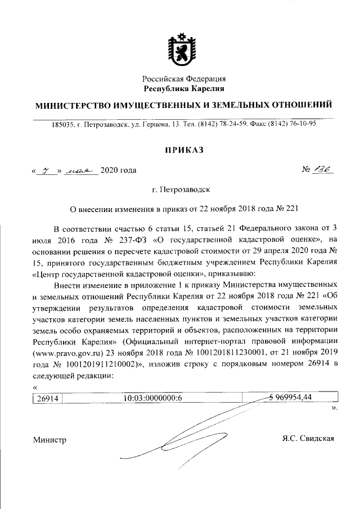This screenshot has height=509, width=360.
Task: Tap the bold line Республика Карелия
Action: [184, 89]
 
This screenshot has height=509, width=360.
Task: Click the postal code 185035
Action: [62, 124]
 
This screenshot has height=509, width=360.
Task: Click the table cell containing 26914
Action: [48, 399]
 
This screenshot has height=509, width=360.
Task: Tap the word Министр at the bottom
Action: [49, 440]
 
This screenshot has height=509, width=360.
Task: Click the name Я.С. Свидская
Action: [308, 438]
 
